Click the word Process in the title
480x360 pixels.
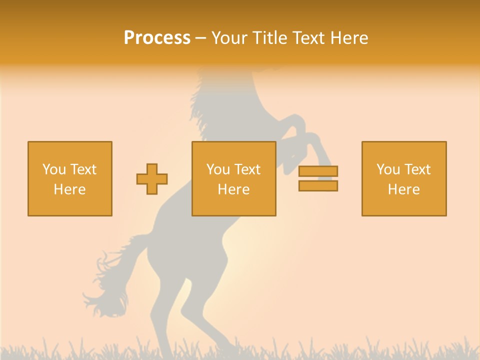(x=157, y=38)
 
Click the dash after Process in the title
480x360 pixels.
(x=200, y=38)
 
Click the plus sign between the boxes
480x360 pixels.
(x=152, y=179)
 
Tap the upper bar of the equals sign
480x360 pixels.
(x=318, y=171)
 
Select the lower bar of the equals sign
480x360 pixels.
(x=318, y=185)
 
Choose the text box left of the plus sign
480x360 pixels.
(x=70, y=178)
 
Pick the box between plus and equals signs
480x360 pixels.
(x=233, y=178)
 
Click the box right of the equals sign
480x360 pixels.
(x=404, y=178)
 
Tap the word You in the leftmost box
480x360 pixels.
(x=53, y=169)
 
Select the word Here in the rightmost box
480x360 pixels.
(x=404, y=189)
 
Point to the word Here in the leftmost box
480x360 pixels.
(x=70, y=189)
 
